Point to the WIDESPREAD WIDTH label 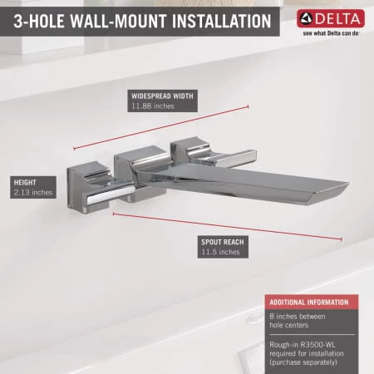coord(162,96)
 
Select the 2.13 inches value coord(33,193)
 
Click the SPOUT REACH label coord(222,242)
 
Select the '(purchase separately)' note coord(312,360)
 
